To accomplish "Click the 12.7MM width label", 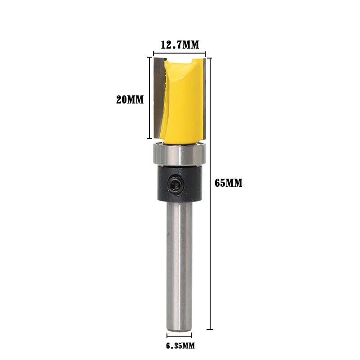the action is click(180, 45).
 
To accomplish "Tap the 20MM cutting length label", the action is click(130, 99).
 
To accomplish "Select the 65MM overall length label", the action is click(229, 183).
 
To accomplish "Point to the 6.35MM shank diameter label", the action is click(180, 346).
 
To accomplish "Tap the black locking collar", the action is click(180, 184).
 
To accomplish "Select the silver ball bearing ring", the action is click(180, 153).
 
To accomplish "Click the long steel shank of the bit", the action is click(179, 266).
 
